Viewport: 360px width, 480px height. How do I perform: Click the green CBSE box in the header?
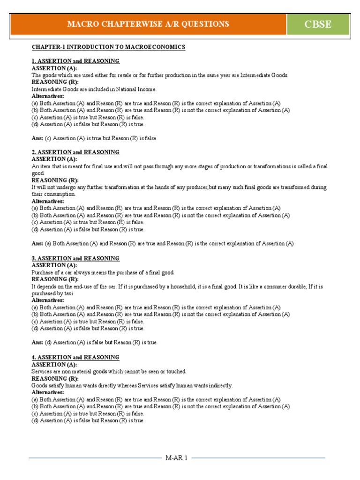(318, 24)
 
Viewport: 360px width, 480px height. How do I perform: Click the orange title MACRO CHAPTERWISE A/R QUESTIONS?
(148, 24)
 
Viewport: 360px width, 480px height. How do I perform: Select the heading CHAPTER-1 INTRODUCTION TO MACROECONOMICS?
(108, 47)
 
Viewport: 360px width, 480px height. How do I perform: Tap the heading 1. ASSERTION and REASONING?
(75, 61)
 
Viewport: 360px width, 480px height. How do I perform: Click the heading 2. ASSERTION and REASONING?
(75, 152)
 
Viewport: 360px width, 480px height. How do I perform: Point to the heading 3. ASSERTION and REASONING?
(75, 258)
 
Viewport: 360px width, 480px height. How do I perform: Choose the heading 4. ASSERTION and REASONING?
(75, 357)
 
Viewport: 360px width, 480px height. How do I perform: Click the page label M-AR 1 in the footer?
(176, 458)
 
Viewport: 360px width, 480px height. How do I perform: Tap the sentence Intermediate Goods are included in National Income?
(94, 89)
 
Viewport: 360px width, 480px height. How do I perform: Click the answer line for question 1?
(95, 138)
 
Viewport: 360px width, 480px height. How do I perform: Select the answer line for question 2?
(163, 244)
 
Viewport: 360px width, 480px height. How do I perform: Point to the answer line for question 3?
(95, 343)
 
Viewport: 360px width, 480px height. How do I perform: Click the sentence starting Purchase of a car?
(103, 272)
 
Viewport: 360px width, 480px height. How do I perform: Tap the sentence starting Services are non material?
(109, 371)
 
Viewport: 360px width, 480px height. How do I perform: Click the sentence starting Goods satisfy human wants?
(132, 385)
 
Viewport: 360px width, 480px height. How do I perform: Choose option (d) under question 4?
(88, 420)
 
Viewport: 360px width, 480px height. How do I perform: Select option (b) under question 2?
(161, 216)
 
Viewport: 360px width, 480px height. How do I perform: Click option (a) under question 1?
(156, 103)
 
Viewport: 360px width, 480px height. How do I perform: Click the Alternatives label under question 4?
(48, 392)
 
